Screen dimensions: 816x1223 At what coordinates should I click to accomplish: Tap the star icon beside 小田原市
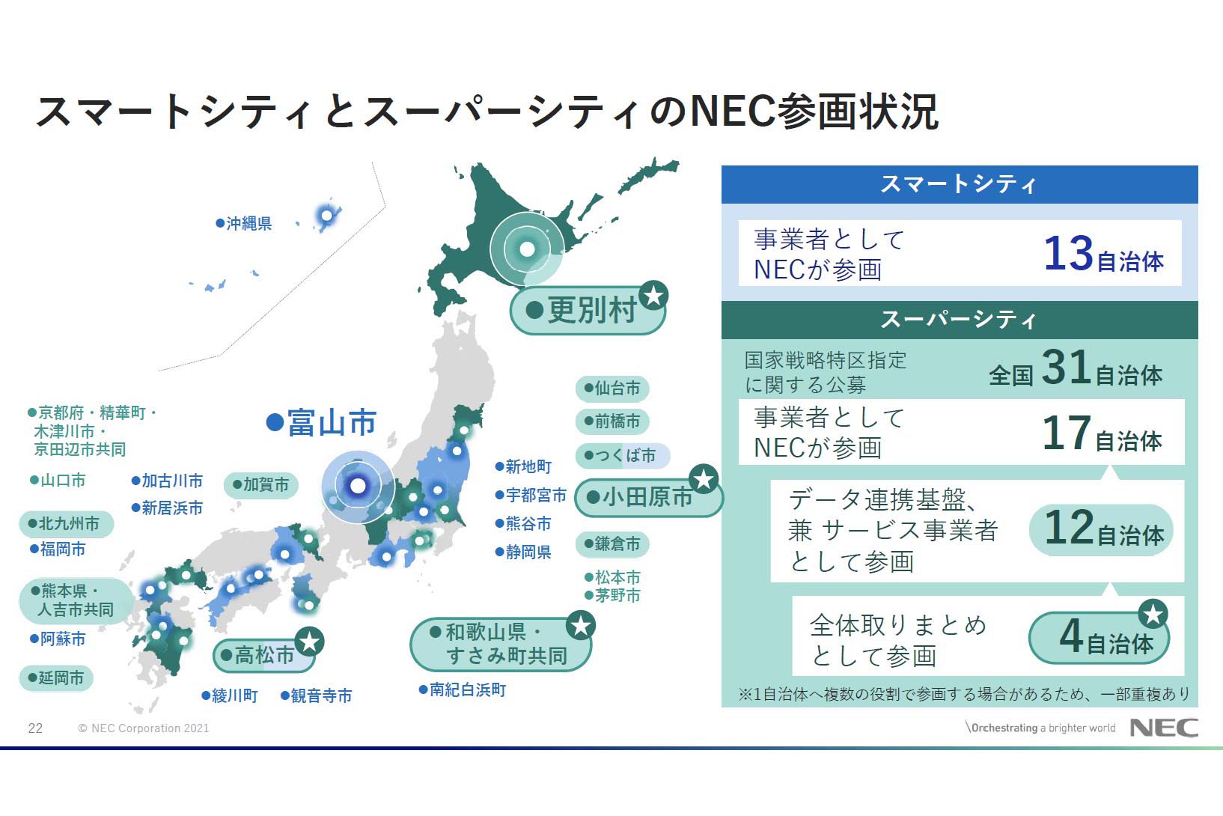[x=704, y=479]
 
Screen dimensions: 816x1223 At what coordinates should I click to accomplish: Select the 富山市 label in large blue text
[x=323, y=423]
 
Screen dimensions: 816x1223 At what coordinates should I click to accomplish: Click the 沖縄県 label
[x=244, y=223]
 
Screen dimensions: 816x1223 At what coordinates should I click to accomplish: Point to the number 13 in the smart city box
[x=1068, y=253]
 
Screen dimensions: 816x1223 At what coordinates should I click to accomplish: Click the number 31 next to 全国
[x=1065, y=368]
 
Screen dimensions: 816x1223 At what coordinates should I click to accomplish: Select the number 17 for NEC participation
[x=1066, y=433]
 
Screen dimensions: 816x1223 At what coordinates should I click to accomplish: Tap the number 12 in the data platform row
[x=1068, y=528]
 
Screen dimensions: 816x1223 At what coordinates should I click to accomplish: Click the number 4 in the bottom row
[x=1070, y=637]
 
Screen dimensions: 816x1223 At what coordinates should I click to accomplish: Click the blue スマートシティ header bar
[x=959, y=184]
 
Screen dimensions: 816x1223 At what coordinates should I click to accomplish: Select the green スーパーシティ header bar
[x=959, y=320]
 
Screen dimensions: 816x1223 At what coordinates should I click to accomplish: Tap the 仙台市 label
[x=612, y=389]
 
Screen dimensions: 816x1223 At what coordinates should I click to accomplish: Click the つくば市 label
[x=620, y=455]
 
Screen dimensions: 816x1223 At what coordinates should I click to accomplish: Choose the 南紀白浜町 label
[x=463, y=689]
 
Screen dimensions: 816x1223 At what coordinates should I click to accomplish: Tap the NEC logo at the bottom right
[x=1163, y=728]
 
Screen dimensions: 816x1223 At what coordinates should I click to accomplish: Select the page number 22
[x=35, y=728]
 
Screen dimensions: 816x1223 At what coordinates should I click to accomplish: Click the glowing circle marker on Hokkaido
[x=527, y=249]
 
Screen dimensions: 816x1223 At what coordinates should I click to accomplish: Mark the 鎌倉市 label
[x=612, y=544]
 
